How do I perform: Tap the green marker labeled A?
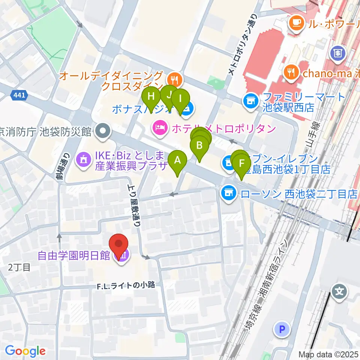click(x=178, y=161)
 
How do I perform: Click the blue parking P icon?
click(x=282, y=330)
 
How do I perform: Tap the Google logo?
click(x=25, y=351)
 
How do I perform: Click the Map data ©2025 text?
click(x=328, y=354)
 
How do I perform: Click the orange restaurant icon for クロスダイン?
click(x=174, y=79)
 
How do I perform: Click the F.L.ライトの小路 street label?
click(x=126, y=285)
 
